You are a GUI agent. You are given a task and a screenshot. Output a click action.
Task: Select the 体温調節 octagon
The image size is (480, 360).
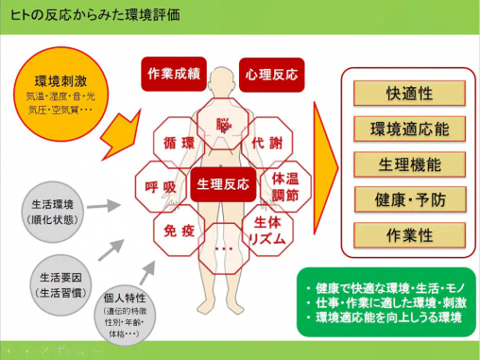tap(286, 185)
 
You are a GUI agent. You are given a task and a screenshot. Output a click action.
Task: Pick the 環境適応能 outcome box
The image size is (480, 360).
tap(411, 129)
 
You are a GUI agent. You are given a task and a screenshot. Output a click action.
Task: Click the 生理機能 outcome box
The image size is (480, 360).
tap(411, 163)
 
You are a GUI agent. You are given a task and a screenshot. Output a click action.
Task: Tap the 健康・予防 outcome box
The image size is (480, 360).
tap(411, 199)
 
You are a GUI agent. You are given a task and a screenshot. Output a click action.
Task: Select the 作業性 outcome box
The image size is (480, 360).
tap(411, 235)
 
